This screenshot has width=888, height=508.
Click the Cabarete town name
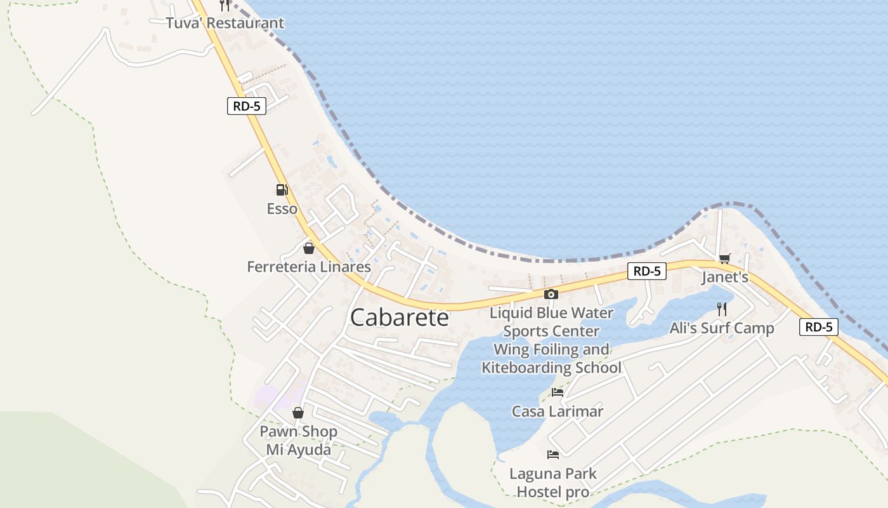[x=399, y=317]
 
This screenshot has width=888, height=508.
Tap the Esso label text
[x=282, y=209]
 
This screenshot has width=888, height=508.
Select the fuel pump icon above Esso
[x=282, y=189]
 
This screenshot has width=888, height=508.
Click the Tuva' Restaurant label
[x=225, y=23]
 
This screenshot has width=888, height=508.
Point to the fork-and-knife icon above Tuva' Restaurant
[x=225, y=5]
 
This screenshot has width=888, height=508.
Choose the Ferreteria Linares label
[x=309, y=267]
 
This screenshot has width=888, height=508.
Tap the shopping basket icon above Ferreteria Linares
[x=309, y=248]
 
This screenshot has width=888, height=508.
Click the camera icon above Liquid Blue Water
[x=551, y=294]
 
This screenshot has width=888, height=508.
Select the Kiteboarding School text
[x=551, y=368]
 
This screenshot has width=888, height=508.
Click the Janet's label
[x=725, y=277]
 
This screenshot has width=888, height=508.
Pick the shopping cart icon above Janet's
[x=724, y=258]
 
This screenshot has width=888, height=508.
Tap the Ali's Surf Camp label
[x=722, y=328]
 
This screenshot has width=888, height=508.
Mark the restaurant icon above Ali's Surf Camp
[x=722, y=309]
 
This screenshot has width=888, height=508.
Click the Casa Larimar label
[x=558, y=411]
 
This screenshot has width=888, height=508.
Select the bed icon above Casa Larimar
[x=558, y=392]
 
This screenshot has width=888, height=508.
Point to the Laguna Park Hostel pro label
[x=553, y=483]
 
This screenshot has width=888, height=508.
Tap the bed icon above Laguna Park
[x=553, y=455]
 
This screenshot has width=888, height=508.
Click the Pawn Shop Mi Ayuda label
[x=298, y=441]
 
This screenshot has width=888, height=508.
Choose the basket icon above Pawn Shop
[x=298, y=413]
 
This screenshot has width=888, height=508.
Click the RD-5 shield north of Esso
[x=247, y=106]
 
